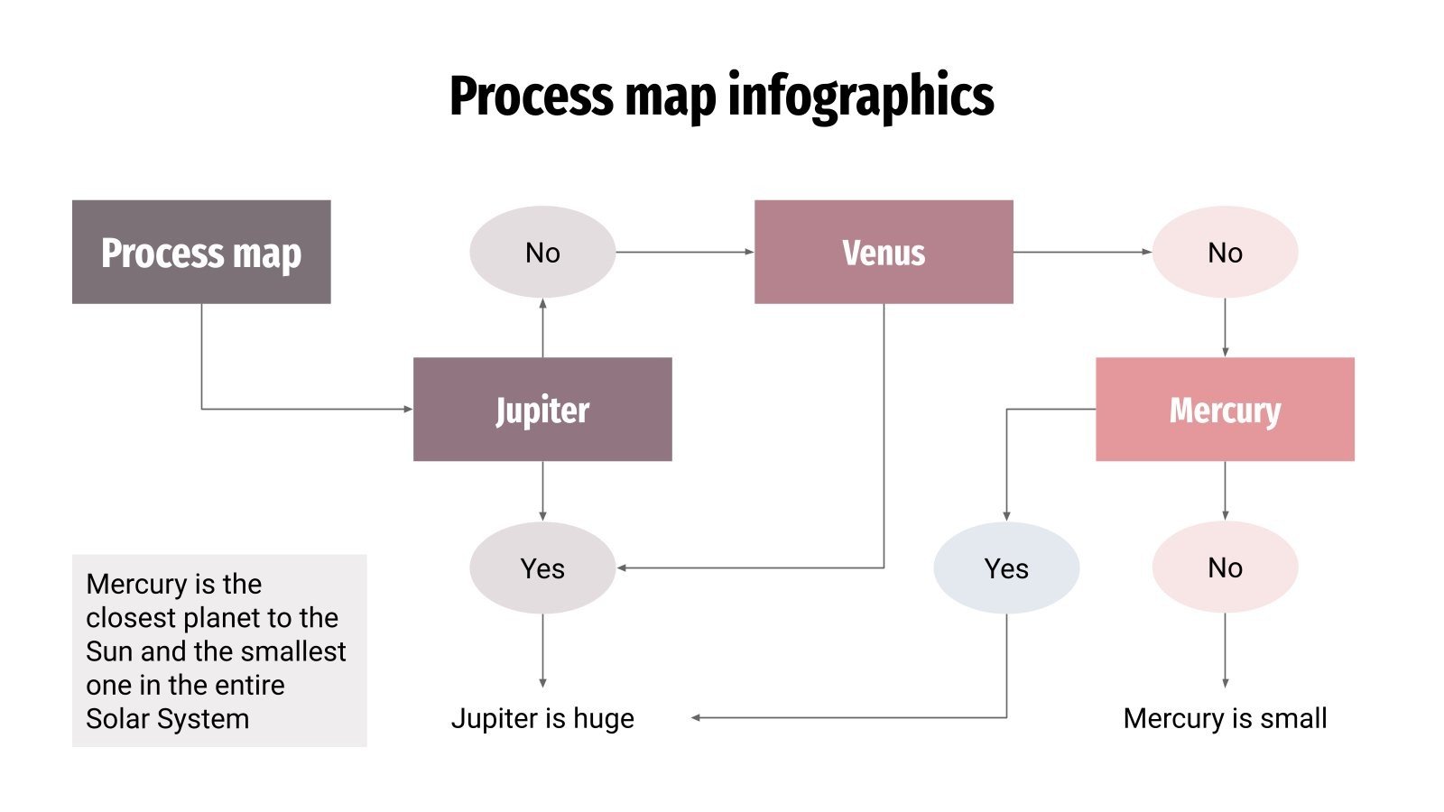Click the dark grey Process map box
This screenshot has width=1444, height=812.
coord(201,252)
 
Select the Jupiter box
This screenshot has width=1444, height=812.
coord(542,409)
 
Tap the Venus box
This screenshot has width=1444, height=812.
coord(884,252)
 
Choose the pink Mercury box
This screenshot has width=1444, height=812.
coord(1225,409)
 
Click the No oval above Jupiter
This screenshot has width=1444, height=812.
coord(542,252)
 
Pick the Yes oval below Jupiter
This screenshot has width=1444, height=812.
coord(542,567)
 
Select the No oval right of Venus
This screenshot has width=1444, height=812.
coord(1225,252)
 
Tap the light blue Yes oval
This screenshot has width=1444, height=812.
coord(1006,567)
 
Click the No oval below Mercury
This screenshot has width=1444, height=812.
coord(1225,567)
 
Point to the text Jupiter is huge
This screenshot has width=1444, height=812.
coord(542,718)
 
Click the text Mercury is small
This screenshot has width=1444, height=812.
coord(1225,718)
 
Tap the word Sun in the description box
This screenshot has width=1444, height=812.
coord(108,651)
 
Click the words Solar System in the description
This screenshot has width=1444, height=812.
coord(167,719)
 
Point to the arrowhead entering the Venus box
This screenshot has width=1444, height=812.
coord(749,252)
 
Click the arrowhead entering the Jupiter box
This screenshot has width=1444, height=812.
coord(408,409)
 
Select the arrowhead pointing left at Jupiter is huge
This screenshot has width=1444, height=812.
coord(697,717)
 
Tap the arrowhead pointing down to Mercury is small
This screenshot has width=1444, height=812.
coord(1225,683)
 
